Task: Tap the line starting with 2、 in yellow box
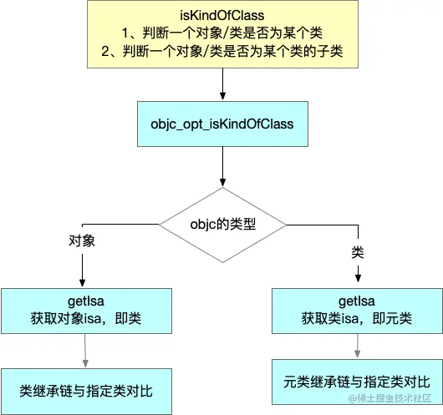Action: tap(221, 53)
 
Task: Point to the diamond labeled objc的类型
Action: tap(221, 225)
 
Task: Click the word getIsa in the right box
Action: tap(359, 301)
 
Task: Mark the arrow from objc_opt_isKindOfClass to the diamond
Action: tap(221, 176)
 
